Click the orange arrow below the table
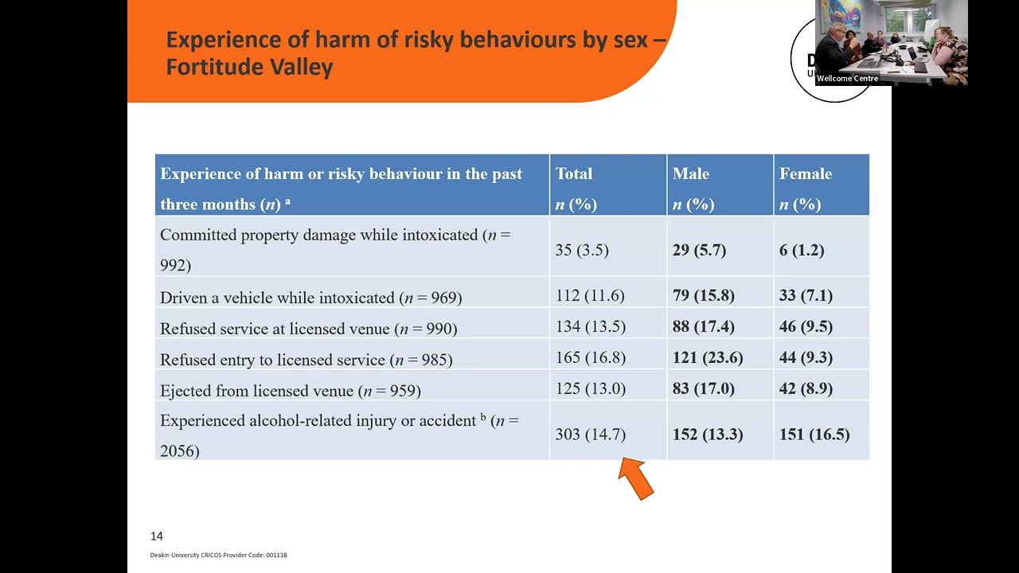pos(637,478)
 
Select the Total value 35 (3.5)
pos(582,250)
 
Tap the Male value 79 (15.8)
pos(704,295)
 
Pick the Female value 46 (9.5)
pos(806,326)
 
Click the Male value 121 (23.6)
pos(707,357)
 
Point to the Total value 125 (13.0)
pos(590,388)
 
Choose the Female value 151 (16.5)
pos(814,434)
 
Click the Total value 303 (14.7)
pos(590,434)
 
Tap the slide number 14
pos(156,536)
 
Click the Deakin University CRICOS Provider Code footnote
pos(218,555)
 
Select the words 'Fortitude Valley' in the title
pos(249,66)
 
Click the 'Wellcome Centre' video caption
pos(847,79)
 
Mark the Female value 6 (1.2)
pos(802,250)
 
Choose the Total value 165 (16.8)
pos(590,357)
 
